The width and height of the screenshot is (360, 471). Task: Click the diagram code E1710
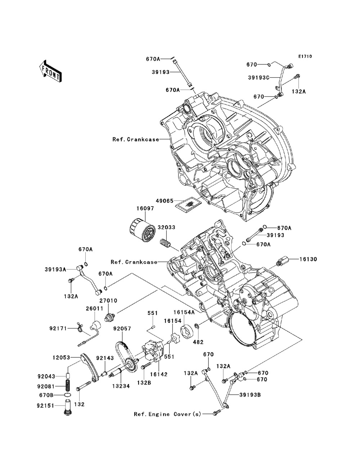click(305, 56)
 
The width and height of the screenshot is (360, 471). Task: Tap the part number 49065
click(165, 201)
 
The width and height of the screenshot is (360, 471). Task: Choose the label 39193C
click(259, 77)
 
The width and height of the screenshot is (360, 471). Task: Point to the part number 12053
click(62, 358)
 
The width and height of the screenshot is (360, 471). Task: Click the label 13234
click(121, 386)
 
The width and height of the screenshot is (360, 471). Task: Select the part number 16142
click(159, 374)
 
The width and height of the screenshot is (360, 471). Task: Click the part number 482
click(198, 342)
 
